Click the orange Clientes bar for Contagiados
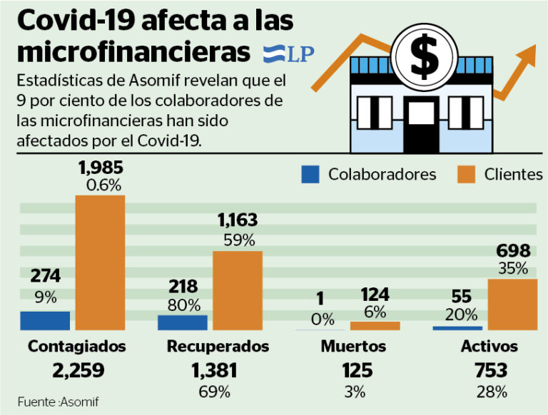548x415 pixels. coord(101,262)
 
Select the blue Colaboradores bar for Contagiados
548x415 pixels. coord(45,321)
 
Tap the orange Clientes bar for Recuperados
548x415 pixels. coord(238,290)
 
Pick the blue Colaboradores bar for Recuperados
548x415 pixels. coord(183,322)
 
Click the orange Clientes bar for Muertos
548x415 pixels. coord(375,326)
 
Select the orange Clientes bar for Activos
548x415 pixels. coord(512,304)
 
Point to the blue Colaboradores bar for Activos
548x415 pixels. coord(457,328)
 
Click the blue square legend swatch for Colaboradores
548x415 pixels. coord(310,174)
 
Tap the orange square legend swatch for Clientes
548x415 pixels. coord(467,174)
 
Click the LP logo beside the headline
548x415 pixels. coord(289,53)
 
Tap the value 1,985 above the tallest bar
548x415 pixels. coord(101,169)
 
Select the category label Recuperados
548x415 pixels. coord(218,347)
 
